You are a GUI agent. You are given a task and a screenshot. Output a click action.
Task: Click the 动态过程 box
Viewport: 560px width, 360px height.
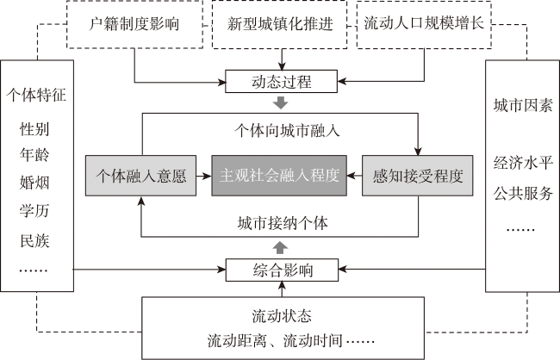[x=281, y=82]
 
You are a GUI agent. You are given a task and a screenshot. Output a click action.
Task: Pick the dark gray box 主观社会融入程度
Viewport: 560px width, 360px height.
[x=279, y=176]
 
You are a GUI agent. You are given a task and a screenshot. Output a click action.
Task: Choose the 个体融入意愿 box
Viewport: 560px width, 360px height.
[x=140, y=176]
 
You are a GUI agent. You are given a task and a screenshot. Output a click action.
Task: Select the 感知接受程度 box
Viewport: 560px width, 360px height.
[x=418, y=176]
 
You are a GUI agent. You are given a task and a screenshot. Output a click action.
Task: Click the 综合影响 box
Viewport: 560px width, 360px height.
[x=282, y=270]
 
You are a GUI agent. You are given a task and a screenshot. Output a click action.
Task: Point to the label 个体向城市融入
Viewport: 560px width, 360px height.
[x=287, y=131]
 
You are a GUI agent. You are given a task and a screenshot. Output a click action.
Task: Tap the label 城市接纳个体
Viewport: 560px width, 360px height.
[x=283, y=223]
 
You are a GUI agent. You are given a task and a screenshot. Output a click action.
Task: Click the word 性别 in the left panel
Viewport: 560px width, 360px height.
[x=34, y=129]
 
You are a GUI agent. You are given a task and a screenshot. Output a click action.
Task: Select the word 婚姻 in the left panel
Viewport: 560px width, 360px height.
[x=34, y=183]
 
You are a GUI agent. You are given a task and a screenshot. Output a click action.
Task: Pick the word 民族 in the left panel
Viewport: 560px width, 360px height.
[x=34, y=240]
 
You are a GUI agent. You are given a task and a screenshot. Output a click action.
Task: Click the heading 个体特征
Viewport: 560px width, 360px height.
[x=36, y=95]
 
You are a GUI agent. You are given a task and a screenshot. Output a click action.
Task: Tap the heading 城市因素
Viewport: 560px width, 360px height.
[x=523, y=105]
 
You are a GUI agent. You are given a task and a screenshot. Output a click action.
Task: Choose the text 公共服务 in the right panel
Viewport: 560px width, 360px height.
[x=523, y=193]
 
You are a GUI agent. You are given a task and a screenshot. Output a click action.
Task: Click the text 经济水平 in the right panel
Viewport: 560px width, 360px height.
[x=523, y=163]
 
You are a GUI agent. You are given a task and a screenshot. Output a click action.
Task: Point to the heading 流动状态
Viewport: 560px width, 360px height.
[x=282, y=316]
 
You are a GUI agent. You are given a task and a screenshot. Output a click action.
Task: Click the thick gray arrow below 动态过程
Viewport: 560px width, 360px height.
[x=280, y=102]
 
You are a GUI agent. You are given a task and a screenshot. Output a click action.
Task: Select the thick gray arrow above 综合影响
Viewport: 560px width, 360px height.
[x=280, y=247]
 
